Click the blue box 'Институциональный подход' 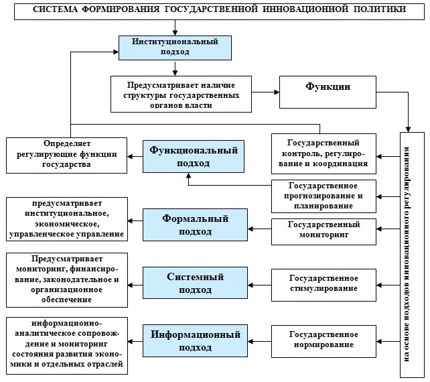tap(175, 48)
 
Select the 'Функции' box tap(328, 92)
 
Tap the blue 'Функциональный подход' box tap(194, 156)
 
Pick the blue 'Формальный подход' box tap(195, 225)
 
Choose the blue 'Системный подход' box tap(195, 283)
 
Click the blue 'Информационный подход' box tap(195, 341)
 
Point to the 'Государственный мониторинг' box tap(324, 232)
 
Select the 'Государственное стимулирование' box tap(324, 285)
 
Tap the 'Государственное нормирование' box tap(324, 341)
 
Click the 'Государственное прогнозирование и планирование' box tap(324, 196)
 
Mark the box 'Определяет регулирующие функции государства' tap(66, 155)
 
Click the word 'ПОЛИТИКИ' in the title tap(380, 9)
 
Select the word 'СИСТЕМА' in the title tap(55, 9)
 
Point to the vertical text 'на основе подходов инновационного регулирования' tap(407, 254)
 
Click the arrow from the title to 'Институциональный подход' tap(175, 27)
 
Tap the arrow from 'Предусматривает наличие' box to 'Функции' tap(265, 92)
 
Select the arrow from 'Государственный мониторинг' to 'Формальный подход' tap(259, 229)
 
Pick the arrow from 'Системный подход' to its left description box tap(135, 285)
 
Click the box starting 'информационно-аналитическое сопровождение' tap(67, 346)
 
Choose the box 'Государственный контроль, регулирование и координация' tap(324, 153)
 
